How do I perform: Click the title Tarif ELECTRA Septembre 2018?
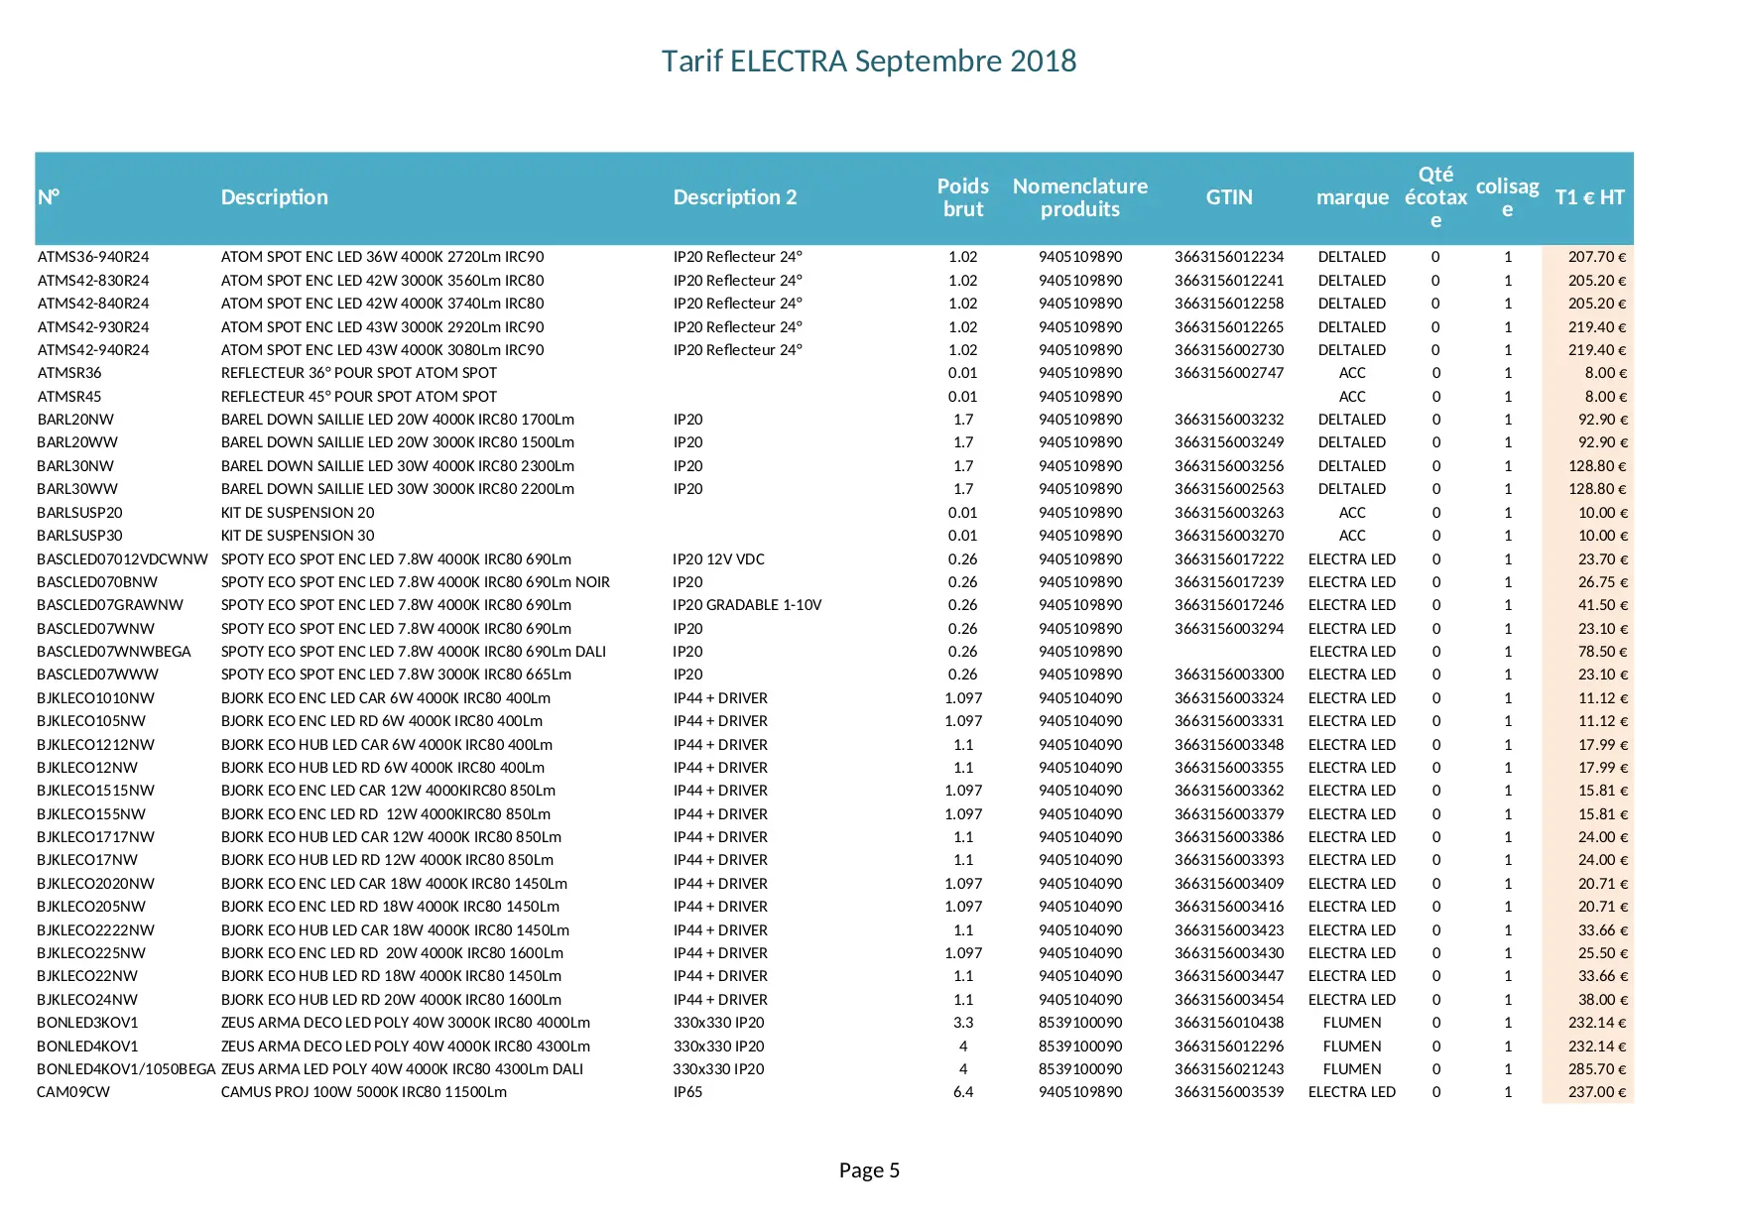tap(869, 62)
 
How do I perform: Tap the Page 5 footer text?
tap(869, 1170)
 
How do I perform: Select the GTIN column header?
tap(1229, 197)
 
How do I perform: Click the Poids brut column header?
tap(963, 197)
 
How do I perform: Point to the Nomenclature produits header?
tap(1080, 197)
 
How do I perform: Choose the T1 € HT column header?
tap(1589, 197)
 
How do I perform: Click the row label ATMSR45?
tap(69, 397)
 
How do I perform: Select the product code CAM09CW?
tap(73, 1092)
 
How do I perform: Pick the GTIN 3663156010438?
tap(1229, 1023)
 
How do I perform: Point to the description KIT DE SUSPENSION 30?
tap(298, 536)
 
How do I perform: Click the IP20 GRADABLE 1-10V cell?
tap(747, 605)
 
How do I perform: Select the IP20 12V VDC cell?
tap(719, 559)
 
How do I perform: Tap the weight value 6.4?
tap(963, 1092)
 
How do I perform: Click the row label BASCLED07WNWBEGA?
tap(114, 652)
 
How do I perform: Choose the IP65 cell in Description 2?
tap(687, 1092)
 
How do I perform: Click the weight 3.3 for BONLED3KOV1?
tap(963, 1023)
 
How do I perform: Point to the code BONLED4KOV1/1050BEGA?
tap(126, 1069)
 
